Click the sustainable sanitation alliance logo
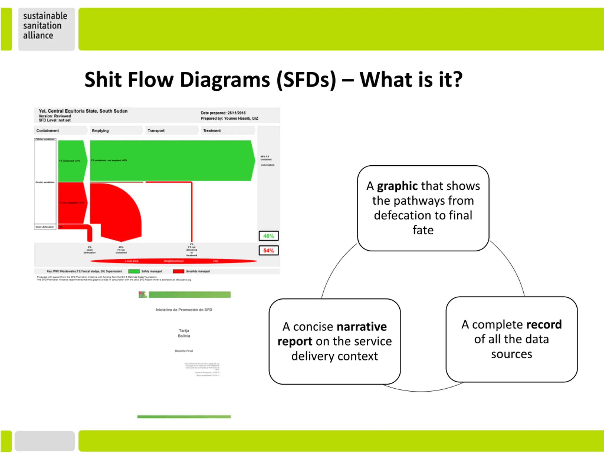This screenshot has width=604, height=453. point(45,26)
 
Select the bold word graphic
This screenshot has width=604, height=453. point(397,186)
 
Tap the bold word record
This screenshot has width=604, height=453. point(544,325)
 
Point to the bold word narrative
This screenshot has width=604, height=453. point(361,327)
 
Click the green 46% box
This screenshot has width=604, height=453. point(268,236)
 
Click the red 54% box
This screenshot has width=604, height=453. point(268,251)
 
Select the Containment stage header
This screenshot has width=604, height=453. point(48,131)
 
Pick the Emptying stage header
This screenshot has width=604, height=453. point(100,131)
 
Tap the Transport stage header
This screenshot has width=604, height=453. point(156,131)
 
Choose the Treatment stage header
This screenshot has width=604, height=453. point(212,131)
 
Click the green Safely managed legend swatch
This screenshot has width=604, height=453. point(134,271)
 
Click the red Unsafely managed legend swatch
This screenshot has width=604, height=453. point(178,271)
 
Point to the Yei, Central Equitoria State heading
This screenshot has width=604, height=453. point(83,111)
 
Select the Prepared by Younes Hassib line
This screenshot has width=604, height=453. point(229,118)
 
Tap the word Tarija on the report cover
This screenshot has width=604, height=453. point(184,331)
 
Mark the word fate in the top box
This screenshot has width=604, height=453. point(423,230)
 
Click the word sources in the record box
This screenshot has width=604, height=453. point(512,354)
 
